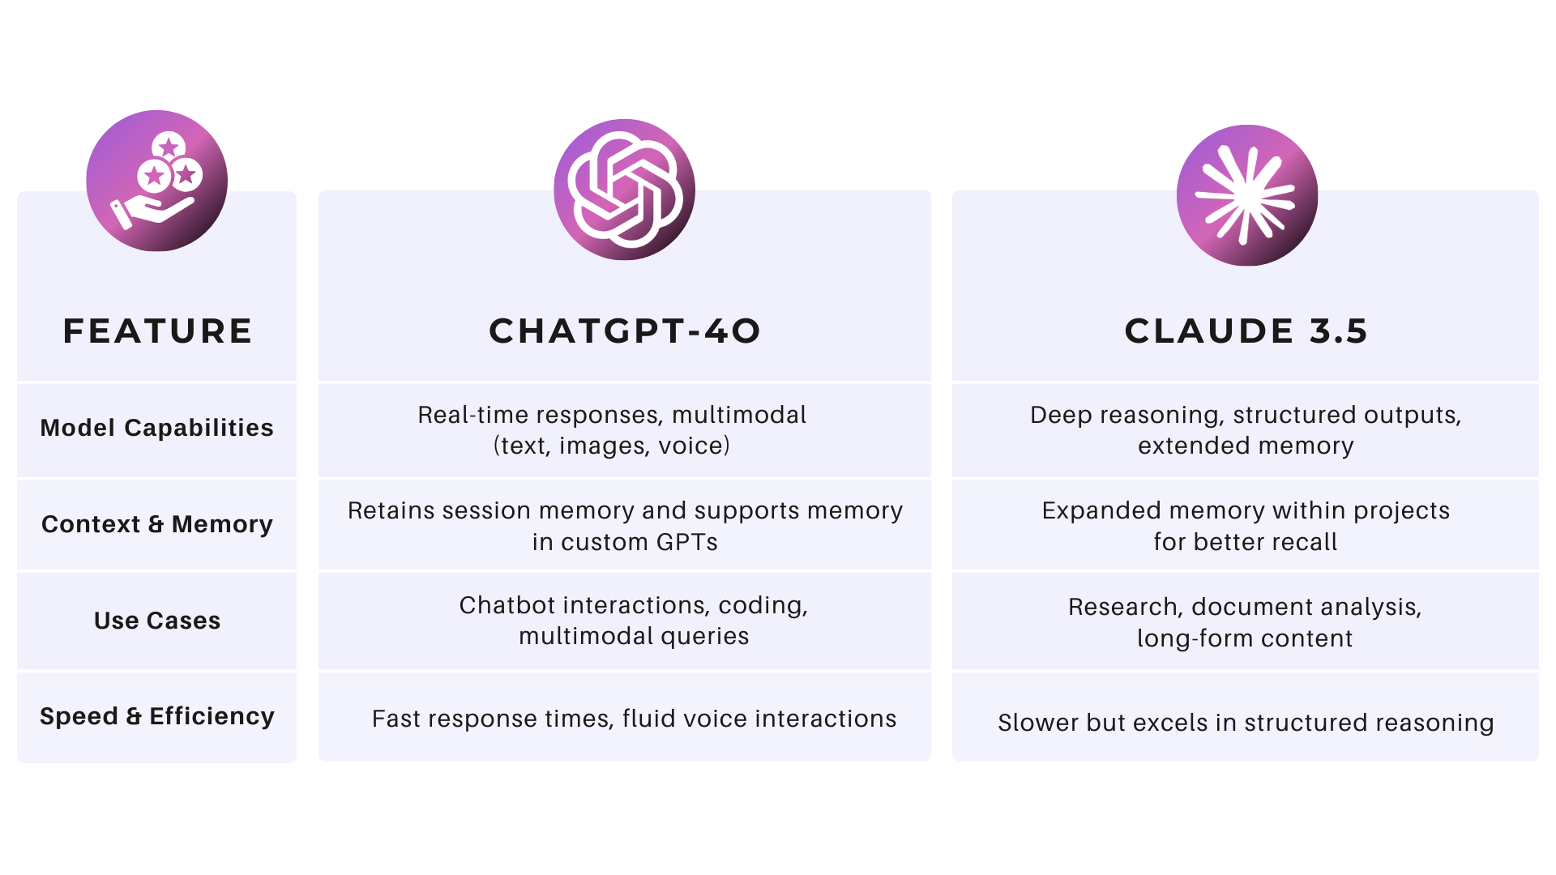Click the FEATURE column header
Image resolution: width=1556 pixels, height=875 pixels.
coord(157,331)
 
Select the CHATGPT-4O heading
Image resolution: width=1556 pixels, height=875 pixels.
coord(624,331)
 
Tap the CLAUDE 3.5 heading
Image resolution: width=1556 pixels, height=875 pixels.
coord(1246,331)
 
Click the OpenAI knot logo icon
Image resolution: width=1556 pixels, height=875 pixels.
coord(624,190)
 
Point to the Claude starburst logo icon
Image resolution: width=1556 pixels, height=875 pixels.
coord(1246,195)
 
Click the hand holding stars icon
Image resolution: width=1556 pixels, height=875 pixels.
coord(156,181)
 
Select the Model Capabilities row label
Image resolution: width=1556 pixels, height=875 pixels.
coord(156,428)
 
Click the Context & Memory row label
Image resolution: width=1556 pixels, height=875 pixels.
coord(156,524)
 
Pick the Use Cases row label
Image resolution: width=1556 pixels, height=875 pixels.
coord(156,621)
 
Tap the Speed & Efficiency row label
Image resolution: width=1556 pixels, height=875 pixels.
coord(156,716)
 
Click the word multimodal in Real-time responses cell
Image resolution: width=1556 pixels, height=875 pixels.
coord(739,415)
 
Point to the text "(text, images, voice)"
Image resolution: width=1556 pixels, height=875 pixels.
coord(612,446)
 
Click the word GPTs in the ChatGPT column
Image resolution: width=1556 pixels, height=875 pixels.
coord(687,542)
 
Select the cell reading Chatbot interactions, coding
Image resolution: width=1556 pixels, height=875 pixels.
coord(633,621)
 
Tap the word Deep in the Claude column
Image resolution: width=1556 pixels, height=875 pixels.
coord(1060,415)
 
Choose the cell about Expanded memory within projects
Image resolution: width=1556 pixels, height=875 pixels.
coord(1246,526)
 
